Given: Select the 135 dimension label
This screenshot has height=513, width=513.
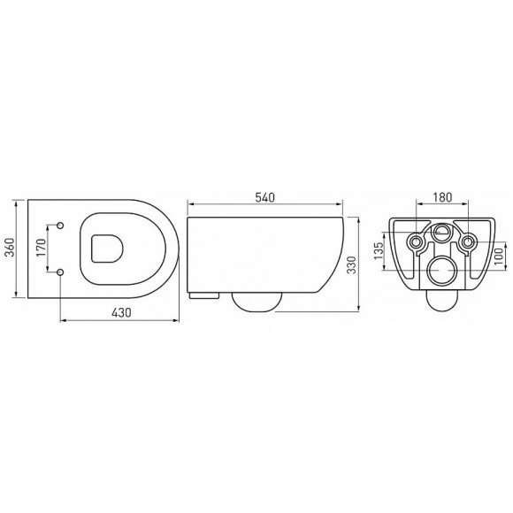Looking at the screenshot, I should (379, 253).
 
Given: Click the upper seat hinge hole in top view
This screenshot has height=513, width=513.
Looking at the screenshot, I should (60, 227).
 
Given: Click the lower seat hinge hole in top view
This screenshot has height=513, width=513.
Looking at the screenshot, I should (60, 272).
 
